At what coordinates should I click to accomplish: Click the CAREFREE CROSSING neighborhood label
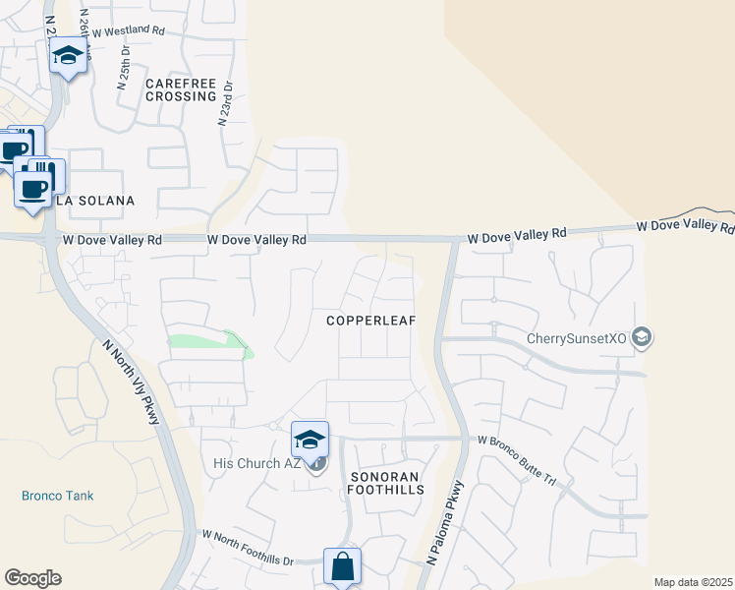click(180, 89)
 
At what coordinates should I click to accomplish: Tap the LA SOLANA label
click(94, 201)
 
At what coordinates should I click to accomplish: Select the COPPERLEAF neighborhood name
click(372, 321)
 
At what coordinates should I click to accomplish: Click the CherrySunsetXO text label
click(577, 339)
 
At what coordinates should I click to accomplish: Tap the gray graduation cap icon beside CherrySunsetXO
click(642, 339)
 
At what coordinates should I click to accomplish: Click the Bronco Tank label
click(58, 496)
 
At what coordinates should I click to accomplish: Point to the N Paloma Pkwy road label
click(445, 522)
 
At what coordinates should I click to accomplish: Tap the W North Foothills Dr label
click(248, 548)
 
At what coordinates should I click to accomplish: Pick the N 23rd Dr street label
click(226, 102)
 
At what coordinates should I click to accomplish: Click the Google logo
click(32, 578)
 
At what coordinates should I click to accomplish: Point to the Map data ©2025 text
click(692, 582)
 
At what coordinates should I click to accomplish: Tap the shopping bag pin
click(342, 565)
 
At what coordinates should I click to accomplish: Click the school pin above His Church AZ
click(310, 439)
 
